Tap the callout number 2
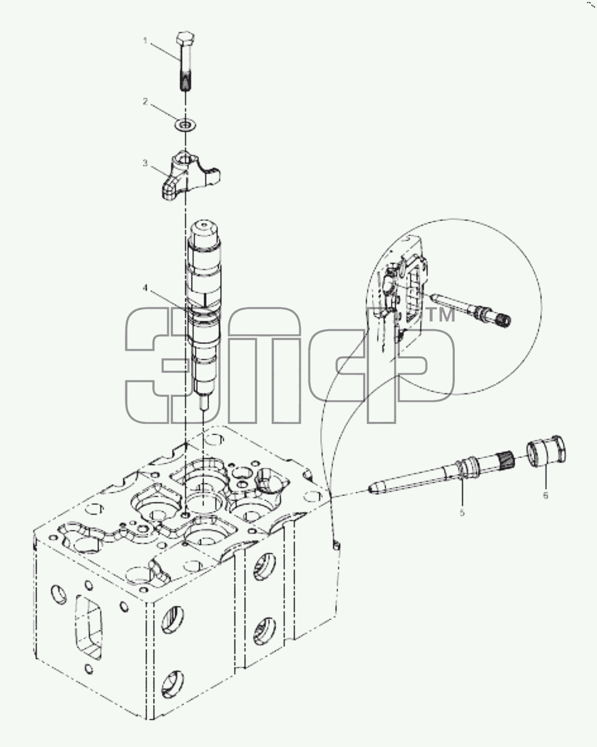[145, 102]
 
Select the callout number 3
[145, 163]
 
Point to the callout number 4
[146, 288]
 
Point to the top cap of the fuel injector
[206, 231]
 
